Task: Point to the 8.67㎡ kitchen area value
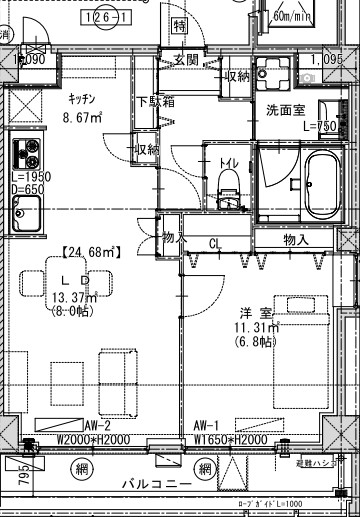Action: pyautogui.click(x=82, y=117)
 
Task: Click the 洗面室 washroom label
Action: pyautogui.click(x=285, y=110)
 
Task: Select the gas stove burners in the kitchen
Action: pyautogui.click(x=25, y=158)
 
